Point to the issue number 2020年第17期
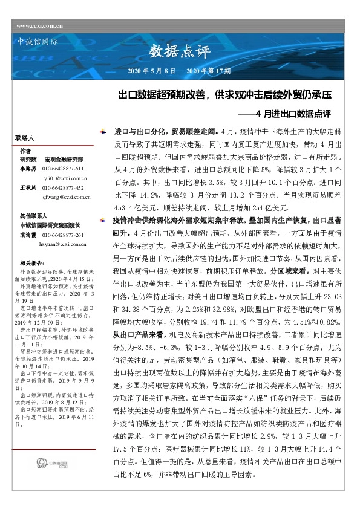coord(208,71)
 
